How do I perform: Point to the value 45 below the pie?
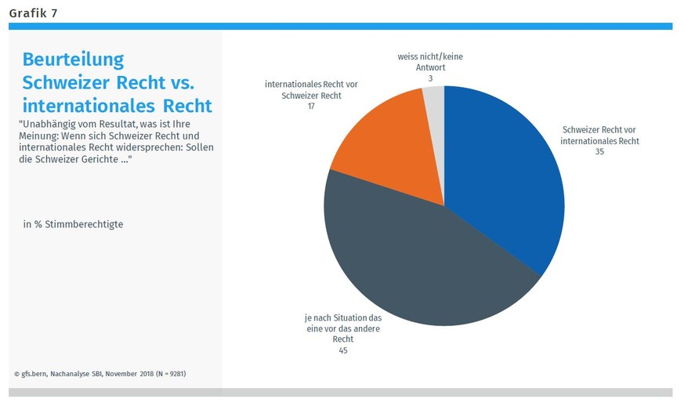[342, 350]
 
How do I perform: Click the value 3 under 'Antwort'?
[430, 78]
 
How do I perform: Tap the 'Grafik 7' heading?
[33, 13]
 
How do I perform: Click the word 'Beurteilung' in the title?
[74, 60]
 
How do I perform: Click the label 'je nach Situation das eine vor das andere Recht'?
[342, 328]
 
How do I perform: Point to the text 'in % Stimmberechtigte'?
[73, 224]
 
